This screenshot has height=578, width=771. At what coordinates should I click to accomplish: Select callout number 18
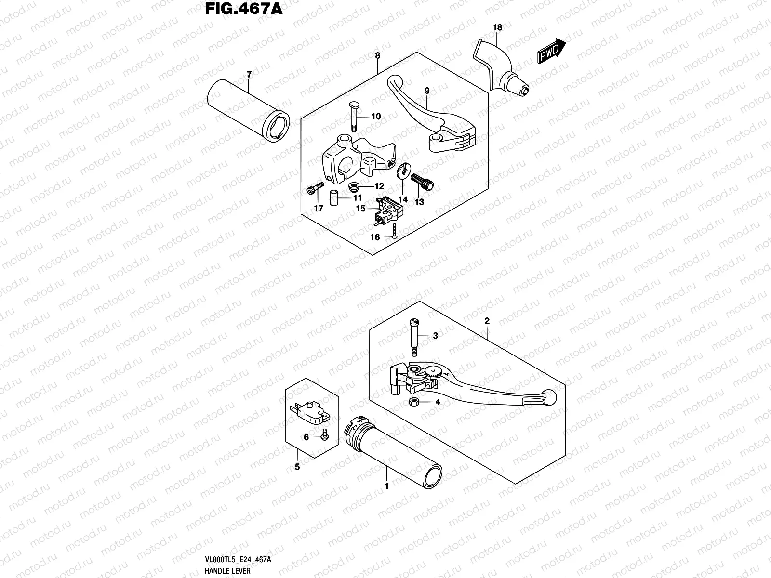point(497,27)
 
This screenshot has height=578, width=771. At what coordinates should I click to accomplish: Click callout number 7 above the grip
point(249,74)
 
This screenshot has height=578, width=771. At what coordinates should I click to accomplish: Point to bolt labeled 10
point(353,116)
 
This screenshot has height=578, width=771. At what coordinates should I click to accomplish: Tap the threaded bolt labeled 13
point(423,182)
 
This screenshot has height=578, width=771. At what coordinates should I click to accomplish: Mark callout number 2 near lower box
point(487,320)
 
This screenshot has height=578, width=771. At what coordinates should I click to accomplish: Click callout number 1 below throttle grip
point(386,486)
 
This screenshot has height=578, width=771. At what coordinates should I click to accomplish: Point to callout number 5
point(297,466)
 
